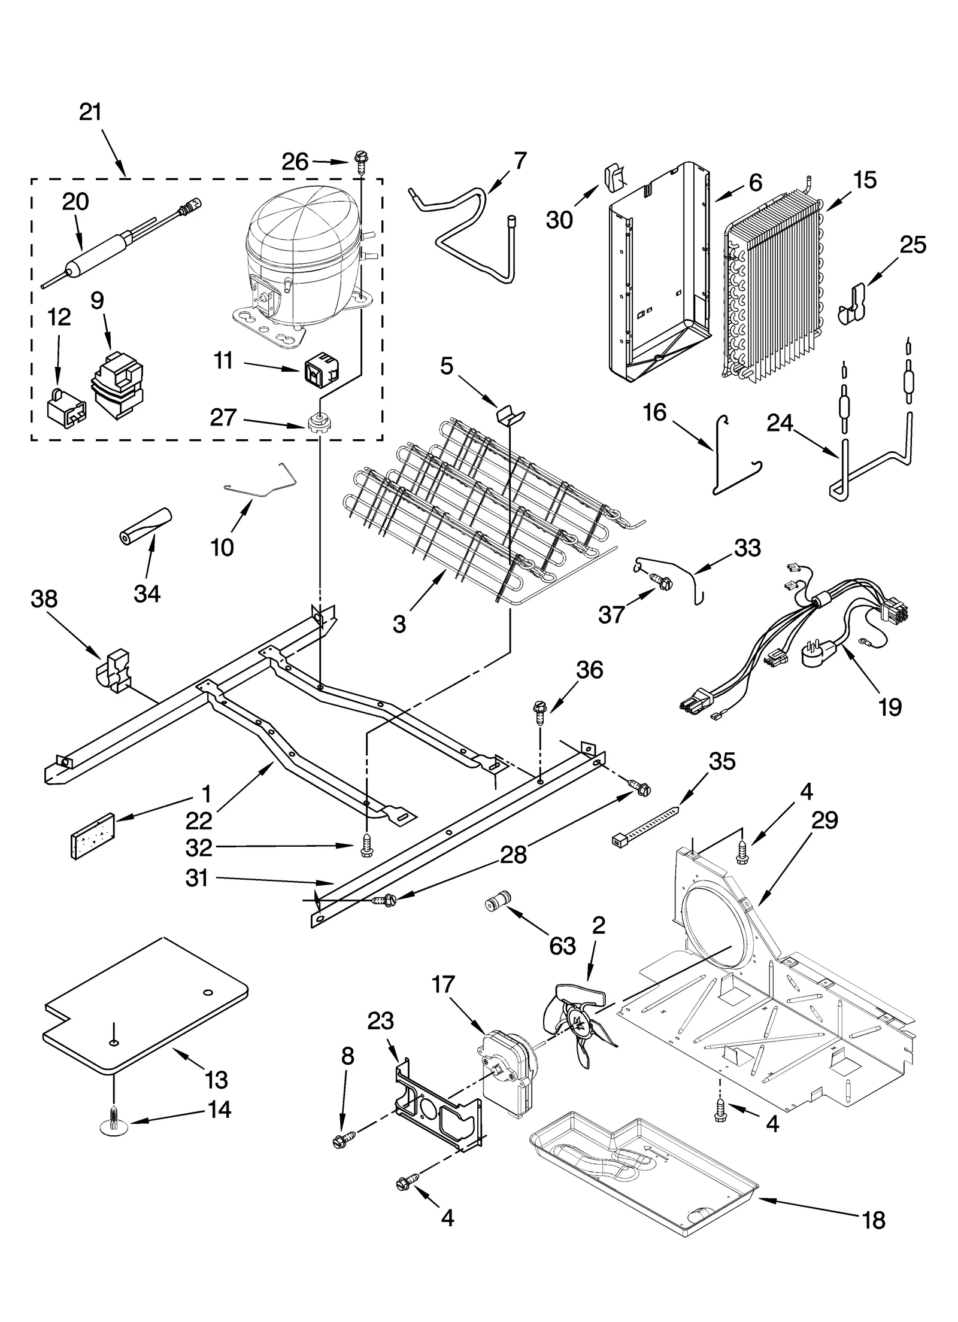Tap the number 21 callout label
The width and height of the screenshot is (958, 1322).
91,113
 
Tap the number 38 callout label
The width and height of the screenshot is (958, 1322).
44,598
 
